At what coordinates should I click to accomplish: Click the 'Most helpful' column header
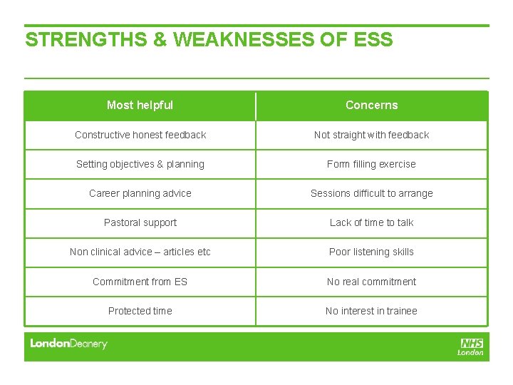(x=140, y=106)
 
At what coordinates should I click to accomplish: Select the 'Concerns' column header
(x=371, y=106)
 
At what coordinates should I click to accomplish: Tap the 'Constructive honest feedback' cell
(x=140, y=135)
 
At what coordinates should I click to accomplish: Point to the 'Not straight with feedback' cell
(x=371, y=135)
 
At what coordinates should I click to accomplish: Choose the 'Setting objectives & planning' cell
(x=140, y=164)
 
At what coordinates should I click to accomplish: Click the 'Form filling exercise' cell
(x=371, y=164)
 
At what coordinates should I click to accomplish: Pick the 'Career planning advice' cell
(x=140, y=193)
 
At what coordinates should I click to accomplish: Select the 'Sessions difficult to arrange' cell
(x=371, y=193)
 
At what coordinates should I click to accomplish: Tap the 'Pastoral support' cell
(x=140, y=222)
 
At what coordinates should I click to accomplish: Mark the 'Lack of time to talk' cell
(x=371, y=222)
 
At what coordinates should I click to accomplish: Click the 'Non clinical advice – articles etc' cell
(x=140, y=252)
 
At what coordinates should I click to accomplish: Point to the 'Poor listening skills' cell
(x=371, y=252)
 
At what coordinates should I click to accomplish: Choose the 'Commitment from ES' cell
(x=140, y=282)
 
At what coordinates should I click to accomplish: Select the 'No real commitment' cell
(x=371, y=282)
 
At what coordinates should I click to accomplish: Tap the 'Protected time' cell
(x=140, y=311)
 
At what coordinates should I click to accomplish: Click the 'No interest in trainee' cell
(x=371, y=311)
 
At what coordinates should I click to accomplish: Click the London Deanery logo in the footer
(x=68, y=344)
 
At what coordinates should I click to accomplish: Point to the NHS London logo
(x=471, y=346)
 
